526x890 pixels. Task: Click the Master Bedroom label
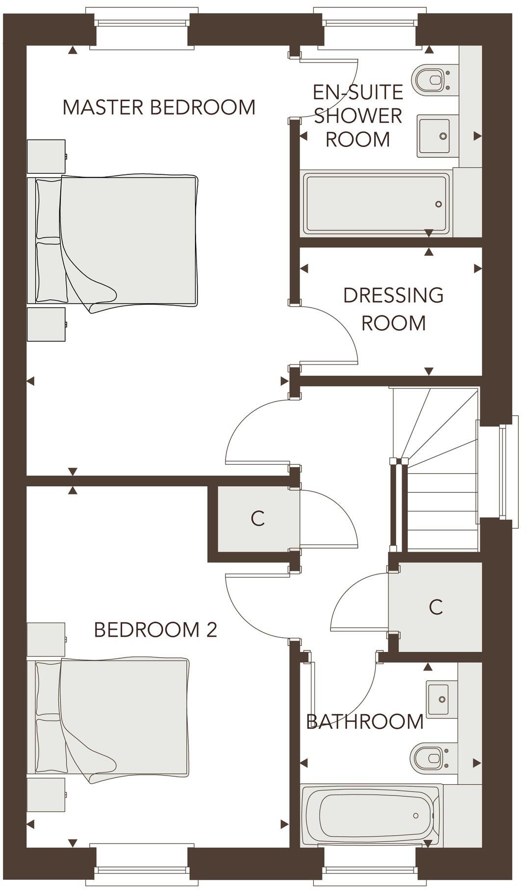click(x=159, y=107)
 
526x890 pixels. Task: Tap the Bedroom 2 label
click(x=155, y=630)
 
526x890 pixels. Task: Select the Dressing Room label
click(x=393, y=309)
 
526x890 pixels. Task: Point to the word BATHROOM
click(x=365, y=722)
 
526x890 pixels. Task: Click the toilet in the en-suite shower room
click(x=430, y=79)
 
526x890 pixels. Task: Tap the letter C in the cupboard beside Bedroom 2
click(x=257, y=518)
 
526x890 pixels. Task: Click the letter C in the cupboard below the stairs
click(x=435, y=607)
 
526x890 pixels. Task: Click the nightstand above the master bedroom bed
click(x=46, y=156)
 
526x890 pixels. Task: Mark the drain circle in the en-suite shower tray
click(x=439, y=204)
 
